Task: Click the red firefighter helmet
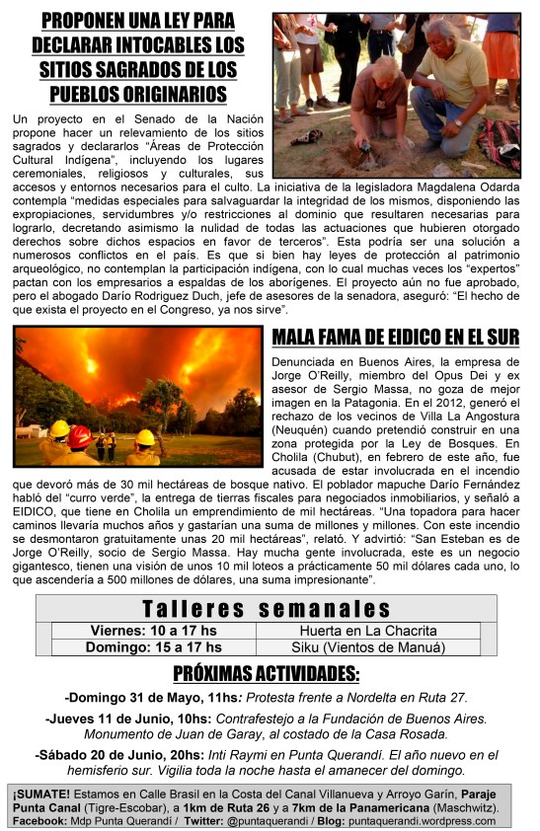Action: (x=82, y=433)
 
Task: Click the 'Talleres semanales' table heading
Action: (x=267, y=609)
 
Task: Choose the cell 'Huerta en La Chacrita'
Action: (x=373, y=630)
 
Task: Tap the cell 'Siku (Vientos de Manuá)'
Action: (x=373, y=647)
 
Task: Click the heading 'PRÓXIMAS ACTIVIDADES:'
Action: (x=267, y=675)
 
